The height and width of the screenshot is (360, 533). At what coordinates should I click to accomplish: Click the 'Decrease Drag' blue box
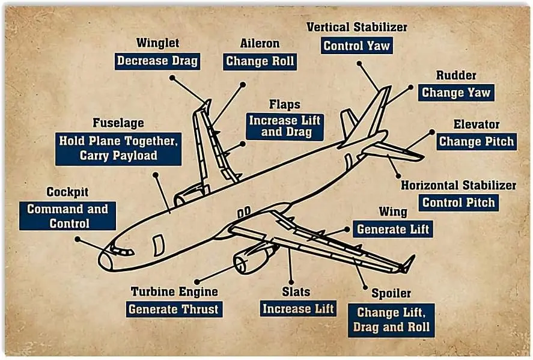[x=157, y=61]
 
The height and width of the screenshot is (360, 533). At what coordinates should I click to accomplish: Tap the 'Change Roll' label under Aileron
[x=260, y=61]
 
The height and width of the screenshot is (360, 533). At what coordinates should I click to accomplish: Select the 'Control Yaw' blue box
[x=356, y=46]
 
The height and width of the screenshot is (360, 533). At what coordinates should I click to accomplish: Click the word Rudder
[x=456, y=75]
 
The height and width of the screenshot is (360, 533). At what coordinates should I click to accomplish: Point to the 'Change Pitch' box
[x=477, y=142]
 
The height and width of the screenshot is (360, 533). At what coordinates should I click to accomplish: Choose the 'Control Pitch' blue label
[x=458, y=203]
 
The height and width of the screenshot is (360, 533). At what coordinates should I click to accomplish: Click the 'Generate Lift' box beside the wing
[x=394, y=229]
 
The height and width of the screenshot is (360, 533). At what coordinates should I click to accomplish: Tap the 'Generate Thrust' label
[x=174, y=310]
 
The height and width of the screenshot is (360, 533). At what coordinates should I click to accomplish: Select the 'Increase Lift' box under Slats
[x=298, y=309]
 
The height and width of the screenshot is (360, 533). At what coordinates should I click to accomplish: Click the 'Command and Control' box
[x=67, y=216]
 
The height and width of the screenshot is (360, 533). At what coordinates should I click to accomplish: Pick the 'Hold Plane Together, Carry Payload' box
[x=118, y=148]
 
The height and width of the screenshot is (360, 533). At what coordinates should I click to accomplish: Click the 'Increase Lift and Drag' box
[x=285, y=127]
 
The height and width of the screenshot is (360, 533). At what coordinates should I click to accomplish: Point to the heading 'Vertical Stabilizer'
[x=356, y=27]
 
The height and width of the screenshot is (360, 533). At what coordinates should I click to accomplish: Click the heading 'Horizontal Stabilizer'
[x=458, y=185]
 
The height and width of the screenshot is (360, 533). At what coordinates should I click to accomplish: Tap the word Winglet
[x=157, y=43]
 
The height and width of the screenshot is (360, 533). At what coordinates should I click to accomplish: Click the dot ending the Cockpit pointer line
[x=77, y=239]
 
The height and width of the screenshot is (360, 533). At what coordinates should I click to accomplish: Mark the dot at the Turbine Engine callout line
[x=196, y=280]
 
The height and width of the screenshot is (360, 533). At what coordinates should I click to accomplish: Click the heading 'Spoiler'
[x=391, y=293]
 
